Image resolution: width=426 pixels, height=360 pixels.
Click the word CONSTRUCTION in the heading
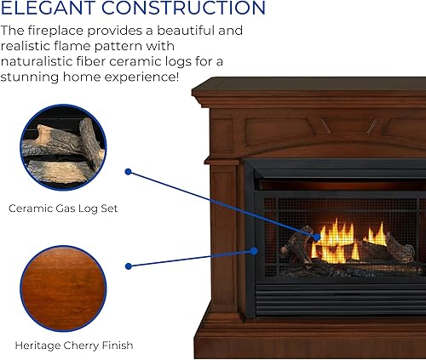pos(184,9)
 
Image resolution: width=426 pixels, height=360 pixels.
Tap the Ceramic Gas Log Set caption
pos(62,208)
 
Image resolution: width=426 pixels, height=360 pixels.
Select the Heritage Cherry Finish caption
pos(73,346)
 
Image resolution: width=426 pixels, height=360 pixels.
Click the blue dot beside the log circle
pos(128,172)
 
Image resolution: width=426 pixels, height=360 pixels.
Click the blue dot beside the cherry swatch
pos(128,266)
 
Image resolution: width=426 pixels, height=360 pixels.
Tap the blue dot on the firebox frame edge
pos(254,251)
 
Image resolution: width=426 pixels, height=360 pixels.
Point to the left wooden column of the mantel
pos(222,238)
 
